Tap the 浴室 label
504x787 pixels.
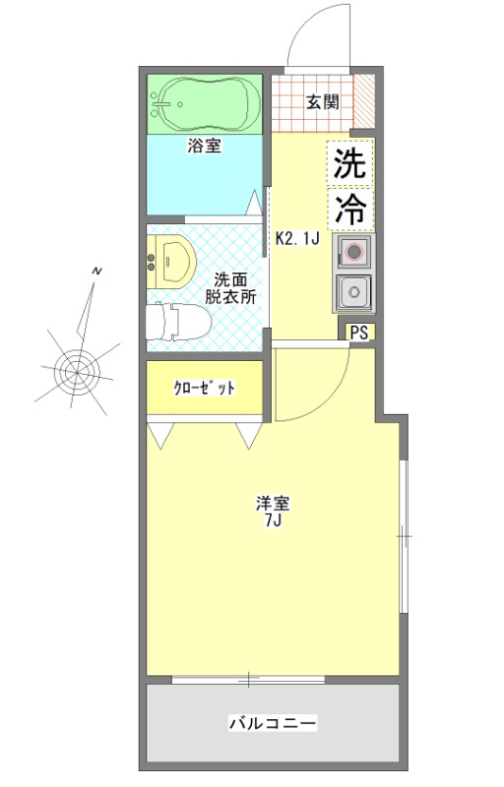(205, 148)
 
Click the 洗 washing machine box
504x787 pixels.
(351, 164)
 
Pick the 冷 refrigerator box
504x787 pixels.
(351, 209)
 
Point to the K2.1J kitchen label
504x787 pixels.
(297, 237)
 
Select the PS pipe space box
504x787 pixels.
(359, 333)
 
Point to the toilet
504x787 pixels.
(177, 320)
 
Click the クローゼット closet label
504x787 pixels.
(205, 388)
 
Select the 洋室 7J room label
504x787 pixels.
(273, 512)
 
